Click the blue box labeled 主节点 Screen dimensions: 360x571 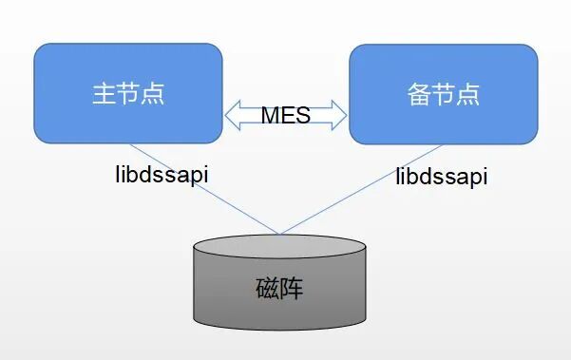point(128,93)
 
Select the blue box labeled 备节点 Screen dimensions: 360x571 point(443,93)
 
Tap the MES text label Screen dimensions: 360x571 point(286,116)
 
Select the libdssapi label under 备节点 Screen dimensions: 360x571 point(442,176)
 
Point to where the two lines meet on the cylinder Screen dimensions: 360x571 point(279,234)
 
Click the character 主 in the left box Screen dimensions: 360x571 point(104,94)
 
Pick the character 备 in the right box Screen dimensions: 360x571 point(417,94)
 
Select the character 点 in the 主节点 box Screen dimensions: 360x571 point(153,94)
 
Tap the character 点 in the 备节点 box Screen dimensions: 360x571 point(467,94)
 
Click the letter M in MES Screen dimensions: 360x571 point(271,116)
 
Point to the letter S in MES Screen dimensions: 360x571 point(303,116)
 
